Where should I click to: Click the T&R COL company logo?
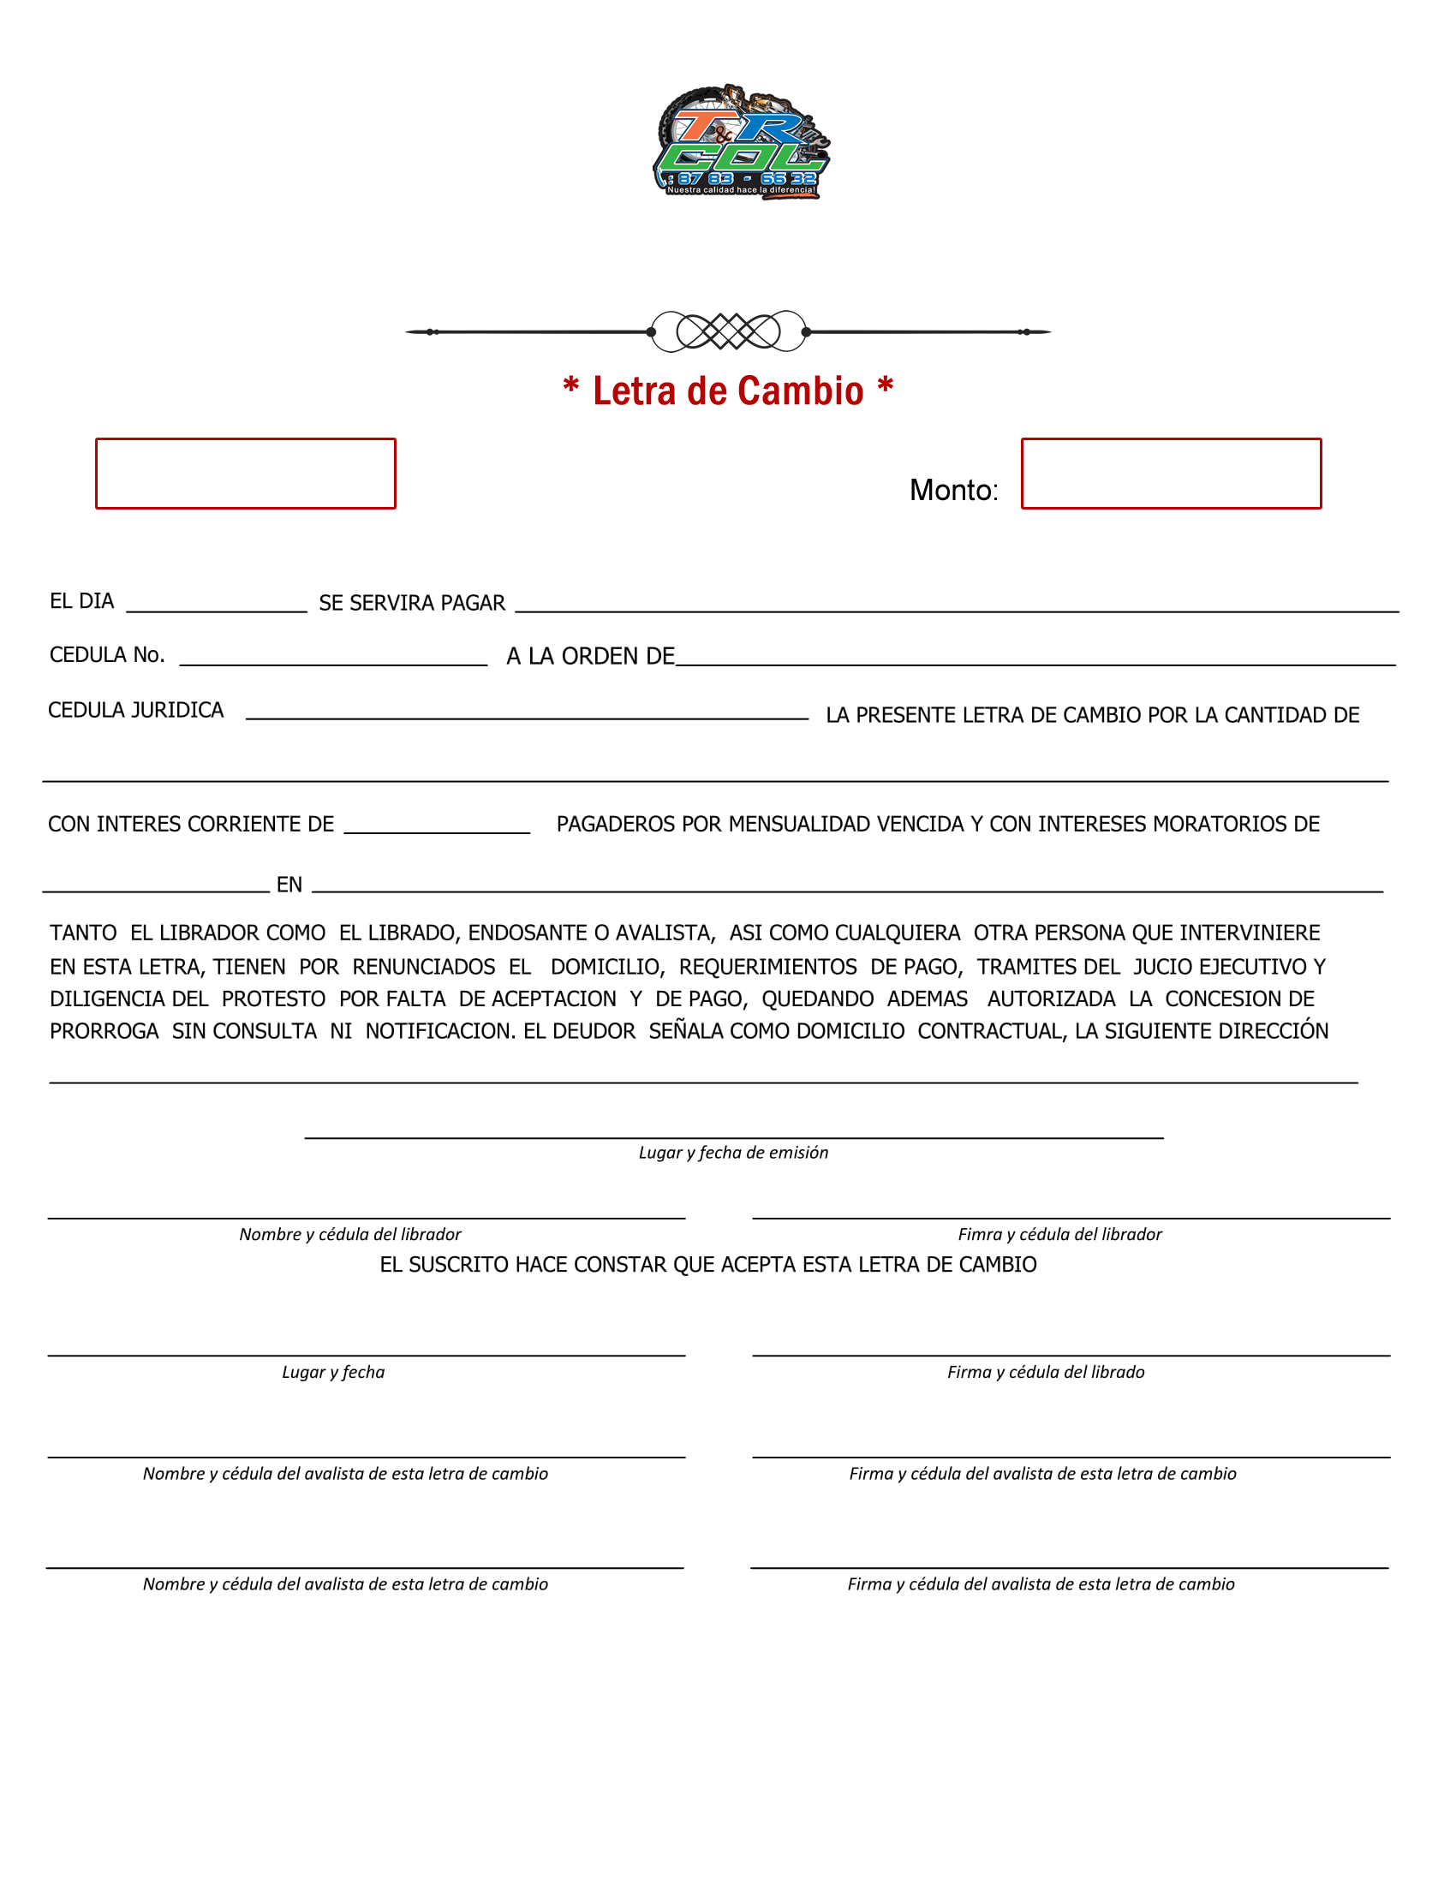pyautogui.click(x=740, y=142)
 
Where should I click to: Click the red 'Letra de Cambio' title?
pyautogui.click(x=727, y=391)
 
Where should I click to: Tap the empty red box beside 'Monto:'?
pyautogui.click(x=1171, y=474)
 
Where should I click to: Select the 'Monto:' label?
pyautogui.click(x=953, y=490)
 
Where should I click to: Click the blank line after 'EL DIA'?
pyautogui.click(x=217, y=604)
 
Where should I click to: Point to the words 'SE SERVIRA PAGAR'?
pyautogui.click(x=411, y=603)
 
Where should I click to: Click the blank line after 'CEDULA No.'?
pyautogui.click(x=333, y=657)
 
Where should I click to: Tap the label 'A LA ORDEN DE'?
pyautogui.click(x=590, y=657)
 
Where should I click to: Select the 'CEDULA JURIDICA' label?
pyautogui.click(x=135, y=710)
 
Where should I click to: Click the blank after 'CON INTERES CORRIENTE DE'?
pyautogui.click(x=437, y=825)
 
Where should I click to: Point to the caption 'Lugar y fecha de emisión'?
pyautogui.click(x=733, y=1153)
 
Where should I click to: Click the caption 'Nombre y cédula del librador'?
pyautogui.click(x=350, y=1234)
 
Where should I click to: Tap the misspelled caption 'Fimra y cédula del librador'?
pyautogui.click(x=1059, y=1234)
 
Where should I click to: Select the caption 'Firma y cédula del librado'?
pyautogui.click(x=1046, y=1373)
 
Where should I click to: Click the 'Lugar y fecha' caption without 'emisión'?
pyautogui.click(x=333, y=1373)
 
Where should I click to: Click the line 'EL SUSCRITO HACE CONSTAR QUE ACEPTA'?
pyautogui.click(x=707, y=1265)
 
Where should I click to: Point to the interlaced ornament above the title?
pyautogui.click(x=728, y=331)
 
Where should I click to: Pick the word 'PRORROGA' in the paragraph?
pyautogui.click(x=104, y=1032)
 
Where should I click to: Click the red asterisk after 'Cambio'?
pyautogui.click(x=885, y=385)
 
